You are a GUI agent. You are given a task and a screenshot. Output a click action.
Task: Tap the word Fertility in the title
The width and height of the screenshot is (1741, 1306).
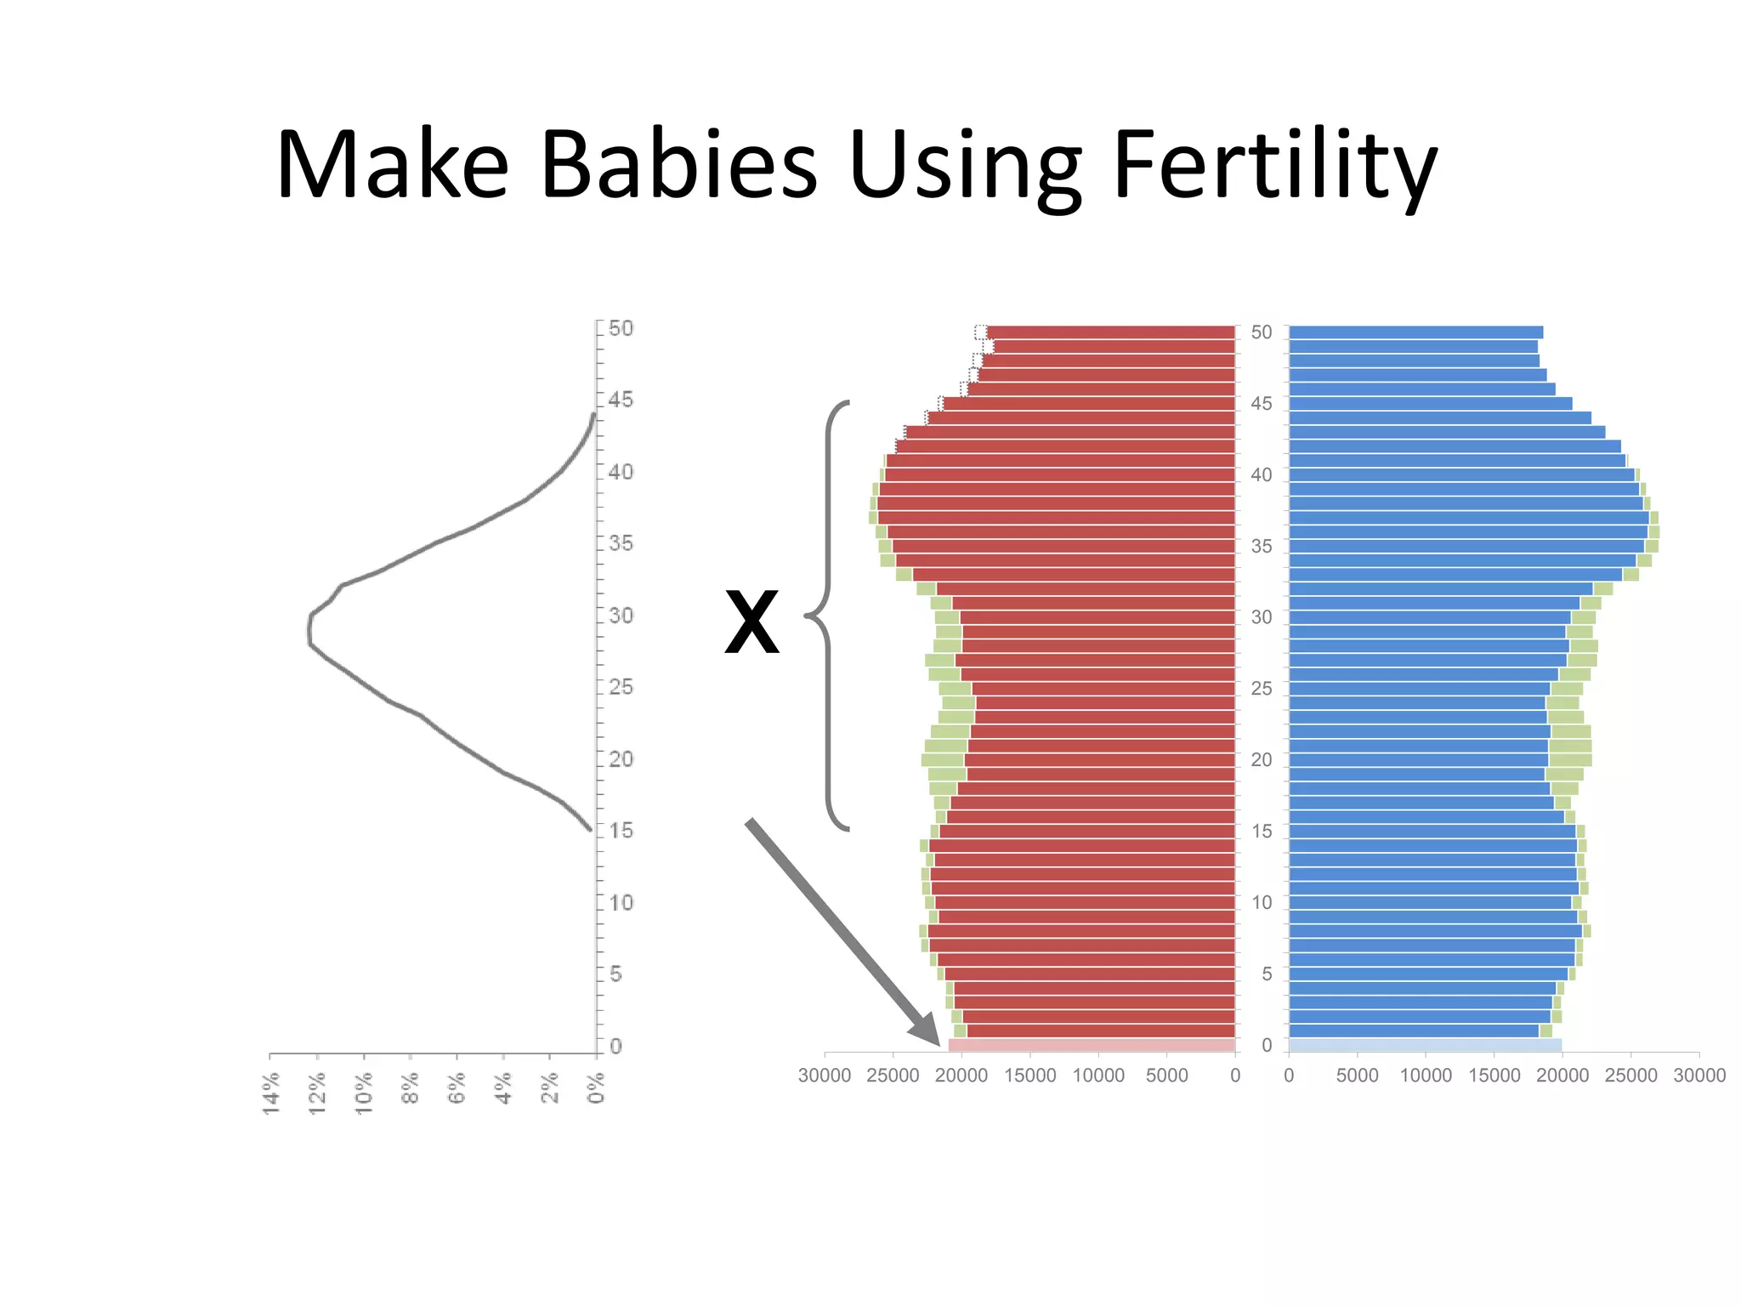click(x=1273, y=166)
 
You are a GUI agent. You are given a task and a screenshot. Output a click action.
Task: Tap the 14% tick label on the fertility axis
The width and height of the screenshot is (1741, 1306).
click(x=271, y=1093)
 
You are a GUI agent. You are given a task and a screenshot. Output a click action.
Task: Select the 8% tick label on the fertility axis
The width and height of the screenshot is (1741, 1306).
click(x=411, y=1088)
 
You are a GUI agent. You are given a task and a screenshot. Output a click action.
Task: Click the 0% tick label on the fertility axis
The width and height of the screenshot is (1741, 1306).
click(x=597, y=1087)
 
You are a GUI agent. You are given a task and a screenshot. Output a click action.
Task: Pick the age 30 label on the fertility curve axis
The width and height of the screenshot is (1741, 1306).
click(x=621, y=615)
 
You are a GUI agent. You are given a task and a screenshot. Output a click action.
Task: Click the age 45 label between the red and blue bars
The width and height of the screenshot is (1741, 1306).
click(x=1262, y=404)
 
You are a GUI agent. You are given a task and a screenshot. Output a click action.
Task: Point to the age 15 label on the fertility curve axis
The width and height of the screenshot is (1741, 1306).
click(x=621, y=831)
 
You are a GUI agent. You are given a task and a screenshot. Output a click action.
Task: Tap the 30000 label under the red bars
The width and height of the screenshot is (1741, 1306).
click(x=824, y=1076)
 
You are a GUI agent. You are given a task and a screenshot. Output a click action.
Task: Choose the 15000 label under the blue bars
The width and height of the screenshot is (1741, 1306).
click(x=1494, y=1076)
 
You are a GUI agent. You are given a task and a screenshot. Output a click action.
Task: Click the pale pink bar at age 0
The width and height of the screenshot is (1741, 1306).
click(x=1092, y=1045)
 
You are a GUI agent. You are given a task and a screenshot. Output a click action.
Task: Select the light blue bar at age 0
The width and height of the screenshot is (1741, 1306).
click(x=1425, y=1045)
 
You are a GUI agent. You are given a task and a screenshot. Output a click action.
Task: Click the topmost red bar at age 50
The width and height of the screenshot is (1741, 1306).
click(x=1110, y=332)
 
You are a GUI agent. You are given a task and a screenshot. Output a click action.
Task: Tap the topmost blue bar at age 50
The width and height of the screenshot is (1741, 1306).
click(x=1415, y=332)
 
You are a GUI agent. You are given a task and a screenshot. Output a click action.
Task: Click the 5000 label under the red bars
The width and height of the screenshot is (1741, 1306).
click(x=1166, y=1076)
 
